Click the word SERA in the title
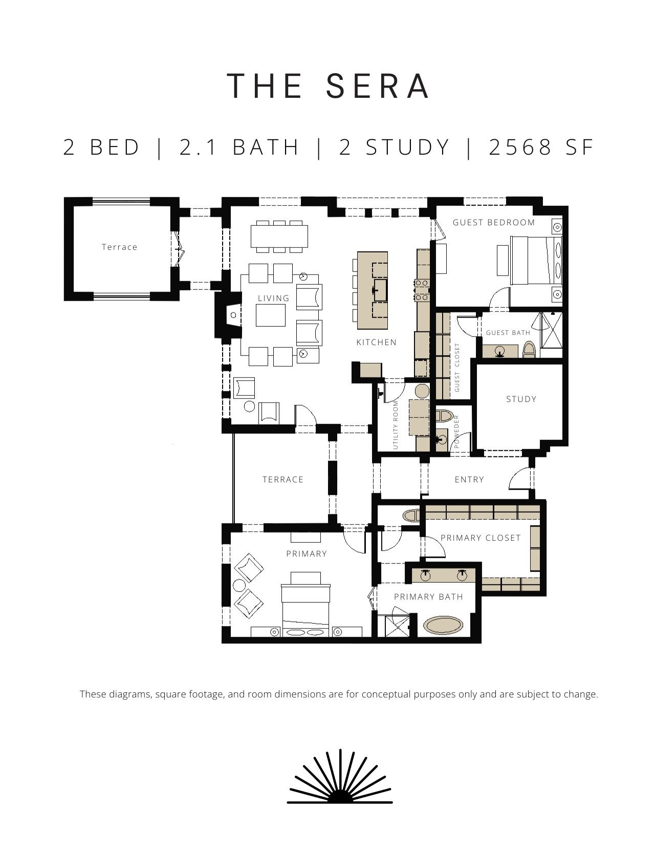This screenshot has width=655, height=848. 378,86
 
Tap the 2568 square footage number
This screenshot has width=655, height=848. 520,147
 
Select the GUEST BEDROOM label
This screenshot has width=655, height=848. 494,222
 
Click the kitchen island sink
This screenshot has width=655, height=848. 380,290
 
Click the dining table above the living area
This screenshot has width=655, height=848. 279,237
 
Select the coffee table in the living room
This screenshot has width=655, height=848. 271,315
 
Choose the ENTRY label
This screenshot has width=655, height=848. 469,480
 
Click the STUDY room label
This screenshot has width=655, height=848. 521,399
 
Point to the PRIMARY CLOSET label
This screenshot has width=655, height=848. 481,538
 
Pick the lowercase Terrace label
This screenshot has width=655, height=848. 120,247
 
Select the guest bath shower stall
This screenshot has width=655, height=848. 551,334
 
